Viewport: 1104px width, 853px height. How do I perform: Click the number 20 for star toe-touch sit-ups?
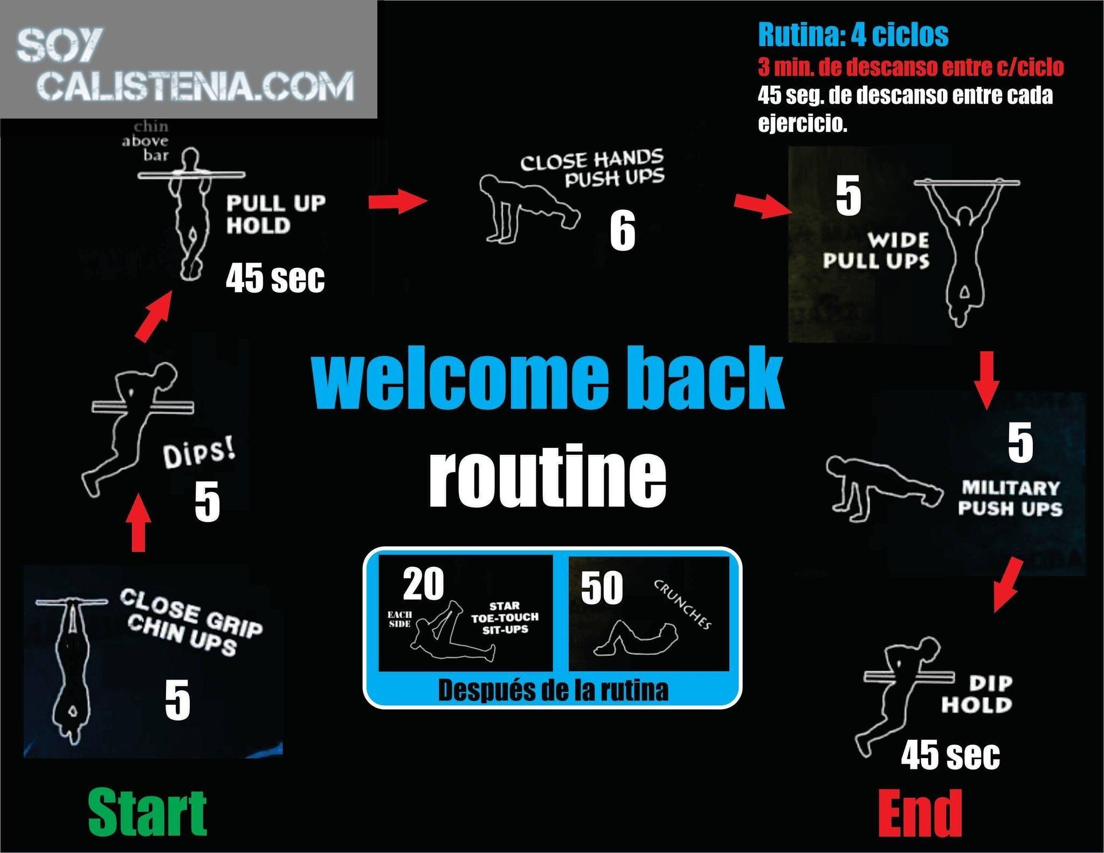424,584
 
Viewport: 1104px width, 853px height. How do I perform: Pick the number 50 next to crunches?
602,588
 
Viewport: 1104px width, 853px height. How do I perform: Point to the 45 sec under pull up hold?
275,278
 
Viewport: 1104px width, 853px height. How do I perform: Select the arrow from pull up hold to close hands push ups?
398,201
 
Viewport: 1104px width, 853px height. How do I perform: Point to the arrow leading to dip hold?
1008,585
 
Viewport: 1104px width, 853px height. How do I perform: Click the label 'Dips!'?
199,454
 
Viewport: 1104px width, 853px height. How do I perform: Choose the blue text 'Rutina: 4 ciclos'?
853,34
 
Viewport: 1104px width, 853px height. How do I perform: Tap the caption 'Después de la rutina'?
553,690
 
